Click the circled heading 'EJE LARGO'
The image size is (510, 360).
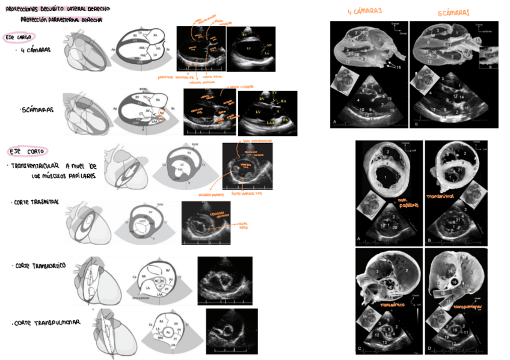(17, 37)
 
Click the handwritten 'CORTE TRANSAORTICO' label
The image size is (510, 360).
(40, 266)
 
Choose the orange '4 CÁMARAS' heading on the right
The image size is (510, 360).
(365, 11)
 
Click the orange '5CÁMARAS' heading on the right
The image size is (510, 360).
(453, 12)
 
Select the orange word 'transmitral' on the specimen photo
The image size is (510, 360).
(442, 197)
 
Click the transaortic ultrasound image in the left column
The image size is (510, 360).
(226, 278)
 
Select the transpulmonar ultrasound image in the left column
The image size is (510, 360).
(232, 331)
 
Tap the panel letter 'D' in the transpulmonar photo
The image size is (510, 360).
(429, 348)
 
